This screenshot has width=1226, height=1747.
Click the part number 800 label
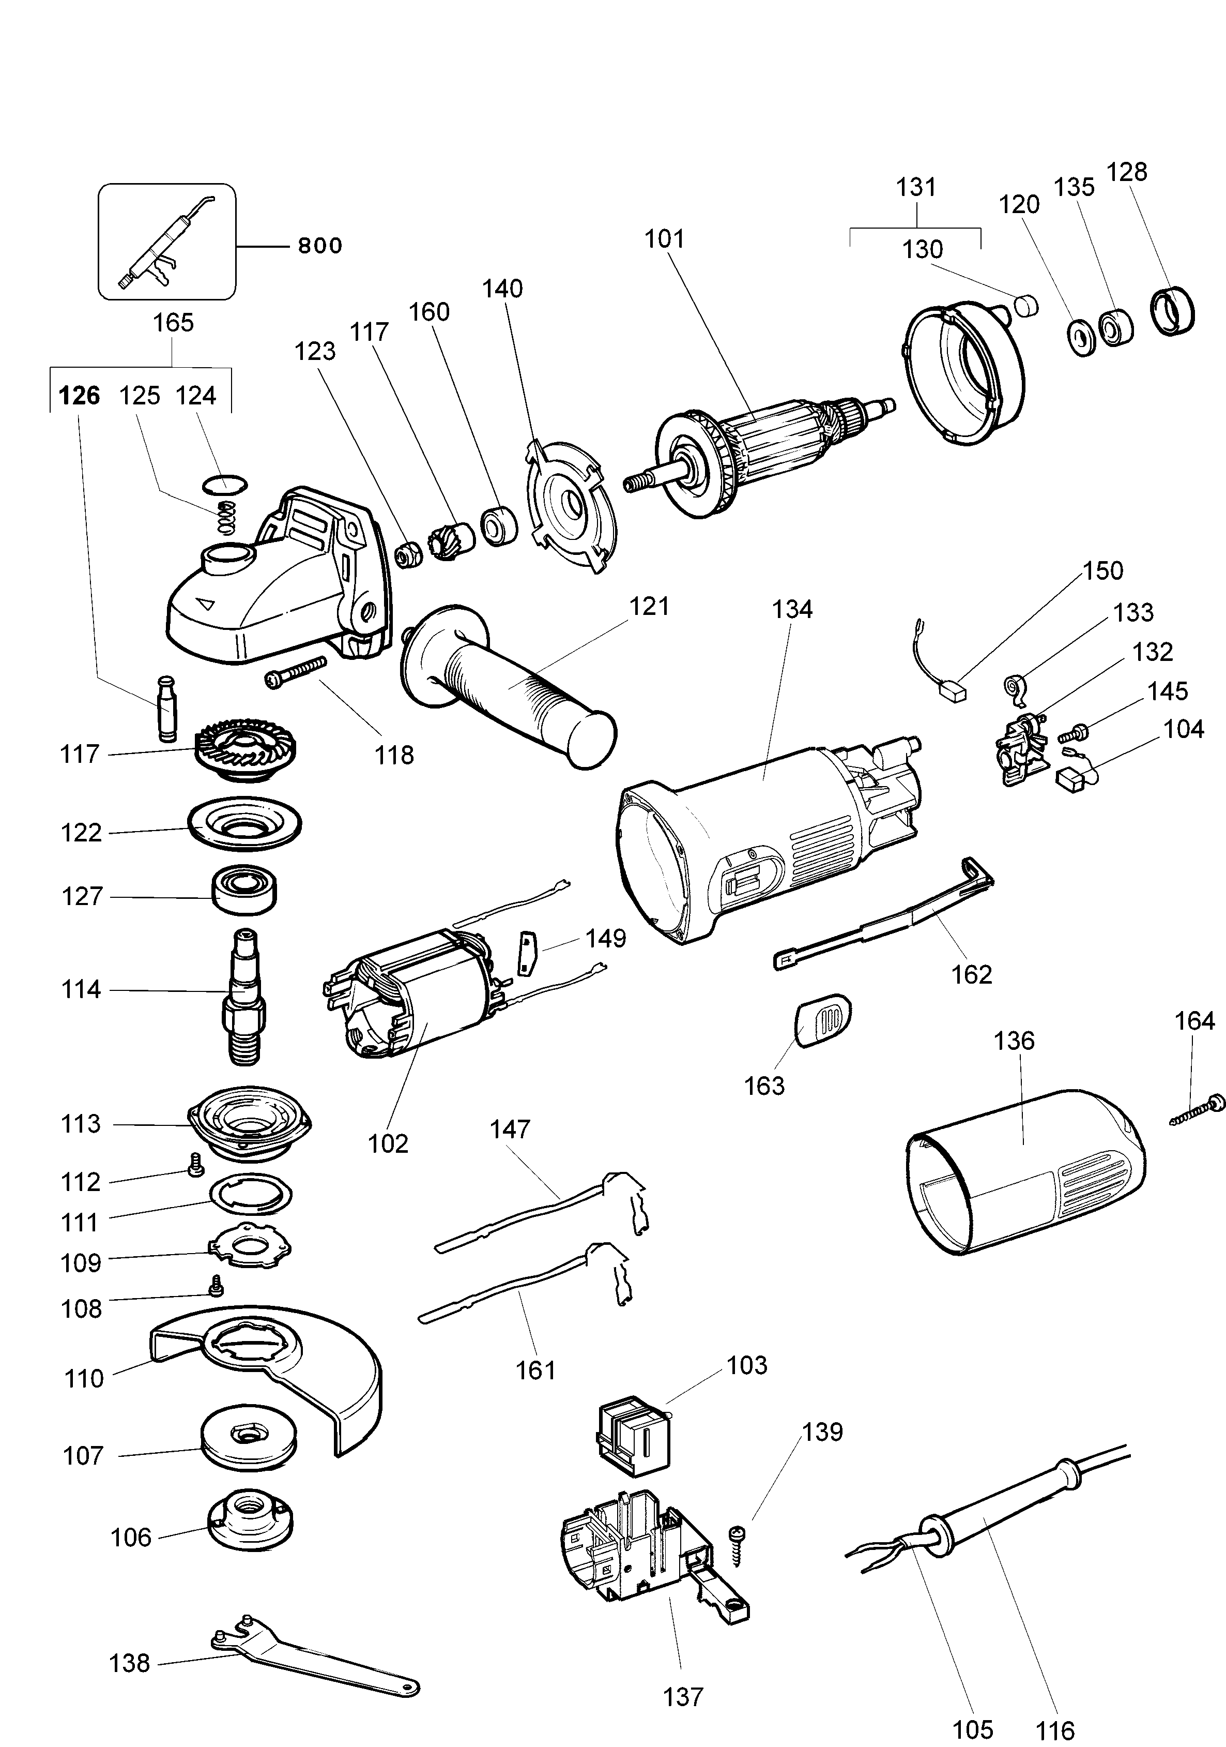tap(319, 246)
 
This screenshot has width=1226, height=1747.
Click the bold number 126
tap(79, 396)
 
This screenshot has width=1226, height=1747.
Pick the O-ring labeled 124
tap(226, 484)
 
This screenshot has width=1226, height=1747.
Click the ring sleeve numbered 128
tap(1171, 310)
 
